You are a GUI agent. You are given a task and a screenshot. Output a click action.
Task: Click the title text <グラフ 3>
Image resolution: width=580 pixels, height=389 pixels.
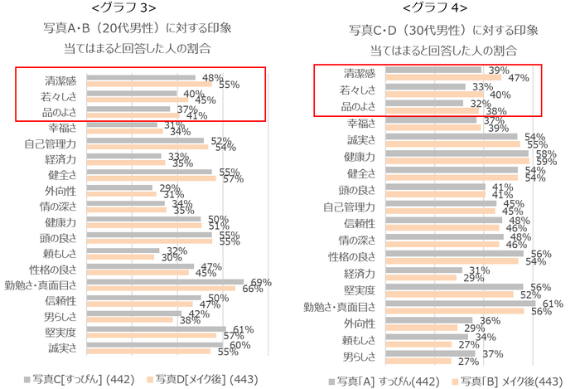(137, 9)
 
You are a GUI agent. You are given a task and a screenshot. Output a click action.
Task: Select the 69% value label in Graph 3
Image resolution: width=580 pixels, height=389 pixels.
(262, 282)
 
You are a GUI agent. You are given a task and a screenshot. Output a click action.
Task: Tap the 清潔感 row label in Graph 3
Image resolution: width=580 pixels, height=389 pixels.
(60, 81)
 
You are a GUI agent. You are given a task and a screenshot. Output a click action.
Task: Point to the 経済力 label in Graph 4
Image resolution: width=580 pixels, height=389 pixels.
(358, 273)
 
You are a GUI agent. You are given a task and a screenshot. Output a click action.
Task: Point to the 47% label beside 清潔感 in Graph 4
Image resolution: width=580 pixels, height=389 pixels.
(520, 78)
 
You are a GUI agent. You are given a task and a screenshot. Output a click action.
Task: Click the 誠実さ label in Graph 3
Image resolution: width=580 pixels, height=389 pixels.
(60, 347)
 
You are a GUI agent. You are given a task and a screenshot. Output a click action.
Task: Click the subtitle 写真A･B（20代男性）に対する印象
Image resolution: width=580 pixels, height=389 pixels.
(137, 28)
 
